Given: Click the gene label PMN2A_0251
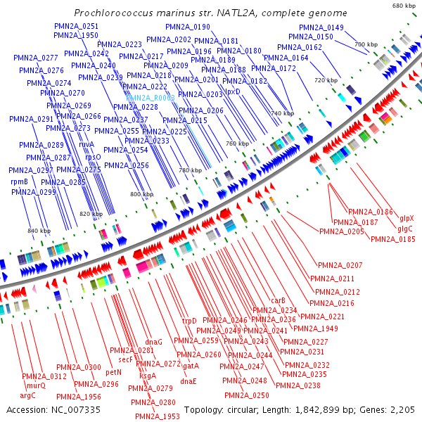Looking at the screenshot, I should pyautogui.click(x=76, y=26).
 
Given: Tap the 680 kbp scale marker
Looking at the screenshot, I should pyautogui.click(x=403, y=6).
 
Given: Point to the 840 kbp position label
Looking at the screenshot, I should pyautogui.click(x=39, y=231).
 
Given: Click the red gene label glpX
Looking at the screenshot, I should pyautogui.click(x=407, y=219).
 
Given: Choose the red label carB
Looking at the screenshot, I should pyautogui.click(x=278, y=301).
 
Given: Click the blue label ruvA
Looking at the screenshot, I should pyautogui.click(x=87, y=144).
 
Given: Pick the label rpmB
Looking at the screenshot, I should pyautogui.click(x=20, y=181).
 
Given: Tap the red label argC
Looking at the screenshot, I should pyautogui.click(x=28, y=395).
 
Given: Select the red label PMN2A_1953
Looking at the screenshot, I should pyautogui.click(x=158, y=416).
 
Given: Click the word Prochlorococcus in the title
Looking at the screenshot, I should pyautogui.click(x=116, y=13).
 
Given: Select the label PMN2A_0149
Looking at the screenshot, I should pyautogui.click(x=326, y=27).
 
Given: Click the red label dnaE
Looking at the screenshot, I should pyautogui.click(x=188, y=381).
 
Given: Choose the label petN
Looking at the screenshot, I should pyautogui.click(x=114, y=371).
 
